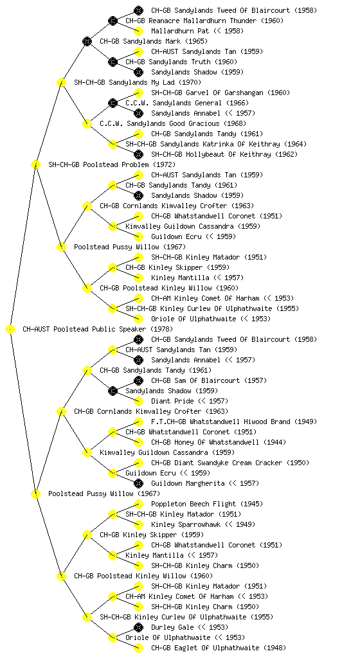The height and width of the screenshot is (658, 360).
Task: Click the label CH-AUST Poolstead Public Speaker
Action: [97, 329]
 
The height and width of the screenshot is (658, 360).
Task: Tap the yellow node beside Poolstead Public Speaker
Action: [10, 330]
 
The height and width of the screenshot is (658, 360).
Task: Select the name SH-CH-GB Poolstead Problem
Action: [112, 164]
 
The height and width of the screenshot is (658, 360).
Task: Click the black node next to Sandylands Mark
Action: [87, 41]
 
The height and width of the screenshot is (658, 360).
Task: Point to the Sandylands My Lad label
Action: [138, 82]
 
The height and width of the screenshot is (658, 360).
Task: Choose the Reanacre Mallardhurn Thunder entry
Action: [204, 21]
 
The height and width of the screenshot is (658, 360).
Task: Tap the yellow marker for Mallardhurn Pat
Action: [138, 31]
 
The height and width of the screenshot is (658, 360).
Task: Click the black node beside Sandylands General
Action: [113, 103]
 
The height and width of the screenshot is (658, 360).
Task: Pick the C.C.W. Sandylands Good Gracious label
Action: [173, 123]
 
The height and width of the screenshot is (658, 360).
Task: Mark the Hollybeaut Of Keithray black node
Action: [138, 154]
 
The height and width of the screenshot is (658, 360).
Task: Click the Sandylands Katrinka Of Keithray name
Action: [216, 144]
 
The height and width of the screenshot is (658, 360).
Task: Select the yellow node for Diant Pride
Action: [138, 401]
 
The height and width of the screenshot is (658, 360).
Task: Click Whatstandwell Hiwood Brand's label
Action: [234, 422]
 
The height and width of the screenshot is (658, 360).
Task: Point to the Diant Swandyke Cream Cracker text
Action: [230, 463]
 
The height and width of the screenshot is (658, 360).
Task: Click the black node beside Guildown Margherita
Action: [138, 483]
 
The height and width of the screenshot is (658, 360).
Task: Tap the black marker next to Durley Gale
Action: [138, 627]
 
